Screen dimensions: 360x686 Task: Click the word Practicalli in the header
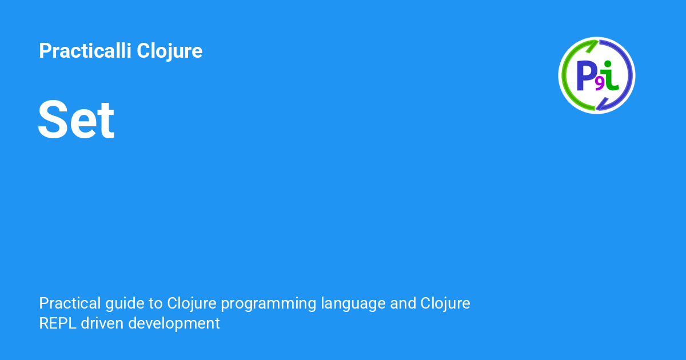click(x=85, y=51)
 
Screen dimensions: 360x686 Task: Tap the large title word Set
click(x=76, y=120)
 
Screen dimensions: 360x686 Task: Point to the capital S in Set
click(x=51, y=120)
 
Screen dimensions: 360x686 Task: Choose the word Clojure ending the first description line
click(x=445, y=303)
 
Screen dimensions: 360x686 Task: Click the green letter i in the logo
click(x=611, y=77)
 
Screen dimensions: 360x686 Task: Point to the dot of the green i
click(x=608, y=64)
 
